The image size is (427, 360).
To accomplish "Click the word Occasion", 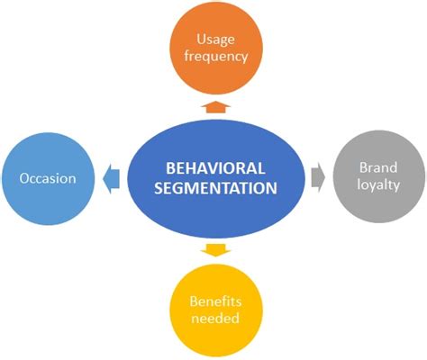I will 47,178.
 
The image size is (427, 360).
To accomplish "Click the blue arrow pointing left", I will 111,177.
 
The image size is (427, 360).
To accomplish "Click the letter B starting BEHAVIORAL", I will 170,168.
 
